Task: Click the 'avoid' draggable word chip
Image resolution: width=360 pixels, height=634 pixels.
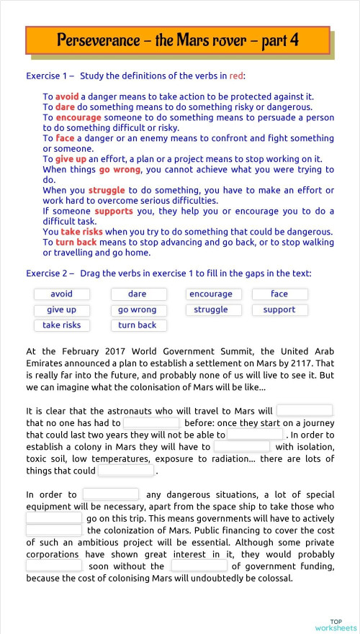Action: click(61, 294)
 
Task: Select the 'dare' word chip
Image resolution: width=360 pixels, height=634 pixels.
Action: click(138, 294)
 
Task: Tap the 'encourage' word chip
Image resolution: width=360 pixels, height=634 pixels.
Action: click(211, 294)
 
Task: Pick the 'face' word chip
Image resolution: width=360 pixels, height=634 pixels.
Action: click(279, 294)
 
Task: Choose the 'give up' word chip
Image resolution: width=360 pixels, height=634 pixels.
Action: click(61, 310)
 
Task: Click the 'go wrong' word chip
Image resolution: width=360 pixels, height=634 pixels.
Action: click(138, 310)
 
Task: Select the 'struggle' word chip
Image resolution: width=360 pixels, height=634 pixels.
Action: click(211, 310)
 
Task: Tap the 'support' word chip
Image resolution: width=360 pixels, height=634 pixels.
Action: click(279, 310)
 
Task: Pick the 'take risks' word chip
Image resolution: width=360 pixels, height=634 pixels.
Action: click(61, 325)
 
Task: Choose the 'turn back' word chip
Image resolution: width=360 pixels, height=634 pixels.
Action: click(138, 325)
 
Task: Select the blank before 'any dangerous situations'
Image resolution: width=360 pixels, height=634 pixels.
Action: click(111, 494)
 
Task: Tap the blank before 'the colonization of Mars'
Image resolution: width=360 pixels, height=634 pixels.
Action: click(54, 530)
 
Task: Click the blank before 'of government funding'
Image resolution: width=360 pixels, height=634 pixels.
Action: click(199, 566)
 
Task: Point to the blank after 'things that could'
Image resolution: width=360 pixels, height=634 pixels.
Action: click(126, 471)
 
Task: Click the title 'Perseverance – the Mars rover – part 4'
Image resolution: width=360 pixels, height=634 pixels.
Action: click(178, 40)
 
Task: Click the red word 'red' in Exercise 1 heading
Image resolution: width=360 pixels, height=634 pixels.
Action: click(236, 76)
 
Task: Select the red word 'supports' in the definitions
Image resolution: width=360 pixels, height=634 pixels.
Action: click(114, 212)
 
